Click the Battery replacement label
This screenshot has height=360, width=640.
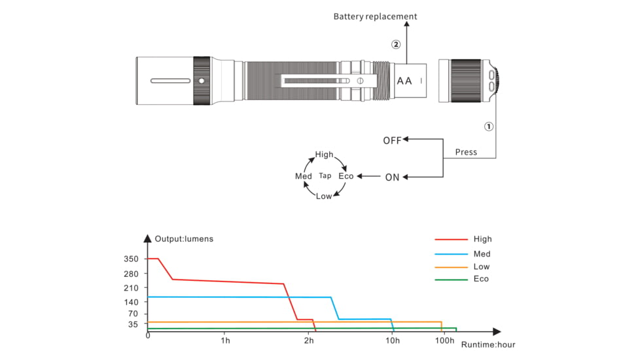click(375, 16)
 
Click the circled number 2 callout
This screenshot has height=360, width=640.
click(396, 45)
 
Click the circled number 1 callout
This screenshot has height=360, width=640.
click(488, 127)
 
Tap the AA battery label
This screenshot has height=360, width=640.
click(404, 81)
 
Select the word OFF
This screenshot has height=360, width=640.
click(392, 140)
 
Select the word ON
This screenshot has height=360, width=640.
click(392, 177)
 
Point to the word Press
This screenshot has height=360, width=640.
click(466, 153)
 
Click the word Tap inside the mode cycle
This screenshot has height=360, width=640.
click(325, 176)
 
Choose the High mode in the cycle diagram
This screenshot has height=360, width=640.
click(324, 155)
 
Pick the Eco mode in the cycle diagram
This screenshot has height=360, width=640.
click(346, 176)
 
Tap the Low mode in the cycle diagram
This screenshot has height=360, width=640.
click(324, 197)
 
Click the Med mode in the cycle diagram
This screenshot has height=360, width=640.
click(304, 177)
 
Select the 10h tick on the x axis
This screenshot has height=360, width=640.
click(393, 341)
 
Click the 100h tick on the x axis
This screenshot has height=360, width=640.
click(444, 341)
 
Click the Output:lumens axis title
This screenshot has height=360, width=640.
click(184, 238)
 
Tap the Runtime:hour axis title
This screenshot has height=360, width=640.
click(488, 344)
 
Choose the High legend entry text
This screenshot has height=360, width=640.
click(482, 240)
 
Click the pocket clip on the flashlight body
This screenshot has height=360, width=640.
click(330, 81)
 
